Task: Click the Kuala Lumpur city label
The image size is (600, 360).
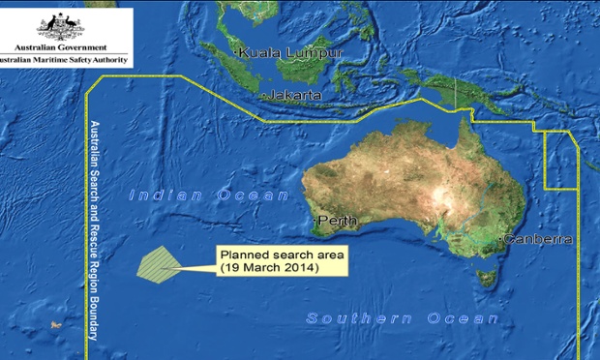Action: [289, 52]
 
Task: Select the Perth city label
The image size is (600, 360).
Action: [337, 222]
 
